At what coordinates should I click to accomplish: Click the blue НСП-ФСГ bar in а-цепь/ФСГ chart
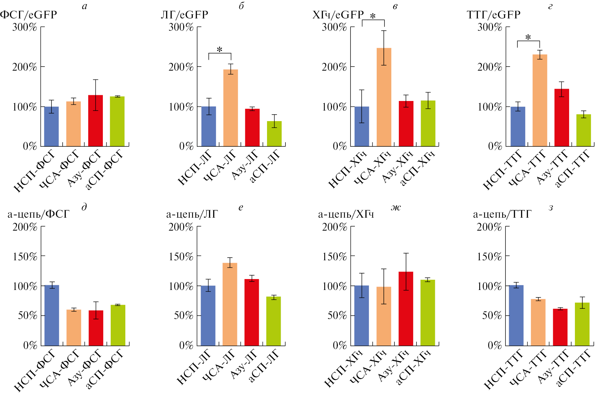point(52,316)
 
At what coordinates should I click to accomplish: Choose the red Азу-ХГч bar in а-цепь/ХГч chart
point(406,309)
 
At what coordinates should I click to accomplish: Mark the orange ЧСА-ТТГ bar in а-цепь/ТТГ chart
point(538,322)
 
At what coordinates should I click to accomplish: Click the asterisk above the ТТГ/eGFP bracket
point(528,37)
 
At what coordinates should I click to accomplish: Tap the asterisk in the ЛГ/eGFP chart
point(220,50)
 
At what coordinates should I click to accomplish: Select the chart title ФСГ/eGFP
point(29,15)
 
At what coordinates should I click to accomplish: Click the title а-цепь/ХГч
point(346,214)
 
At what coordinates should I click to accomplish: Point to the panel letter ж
point(396,207)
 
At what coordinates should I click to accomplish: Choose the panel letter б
point(241,6)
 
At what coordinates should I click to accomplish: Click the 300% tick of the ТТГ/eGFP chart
point(490,27)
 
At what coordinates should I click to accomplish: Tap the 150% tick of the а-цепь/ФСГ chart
point(25,256)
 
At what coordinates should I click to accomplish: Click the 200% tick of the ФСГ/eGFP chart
point(25,67)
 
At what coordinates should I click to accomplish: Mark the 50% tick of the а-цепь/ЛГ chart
point(184,316)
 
